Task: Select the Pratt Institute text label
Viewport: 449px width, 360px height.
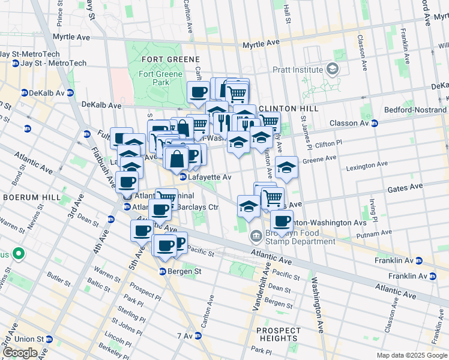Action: pos(298,70)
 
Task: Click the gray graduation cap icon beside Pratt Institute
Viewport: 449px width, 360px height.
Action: pos(332,70)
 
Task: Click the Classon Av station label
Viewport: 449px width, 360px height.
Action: pos(349,124)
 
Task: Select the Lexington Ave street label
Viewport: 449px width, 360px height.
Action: pos(367,166)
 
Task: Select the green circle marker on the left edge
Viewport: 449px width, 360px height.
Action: pos(18,254)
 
